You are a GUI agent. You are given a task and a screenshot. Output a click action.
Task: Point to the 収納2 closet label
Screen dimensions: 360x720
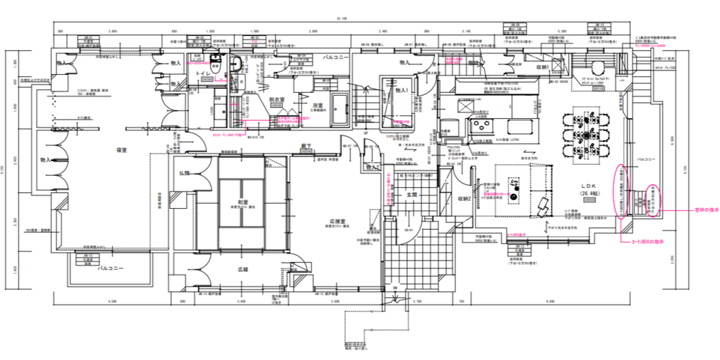(x=464, y=199)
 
